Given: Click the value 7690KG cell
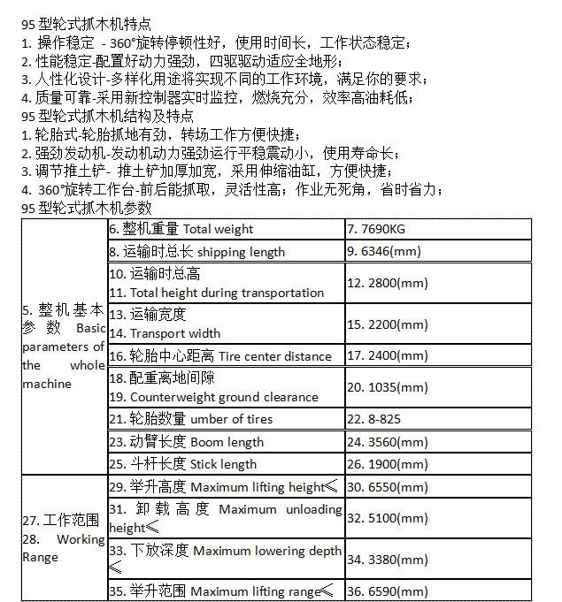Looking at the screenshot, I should click(383, 229).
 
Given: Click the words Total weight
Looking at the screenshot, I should click(218, 229).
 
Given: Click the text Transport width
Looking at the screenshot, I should click(175, 333).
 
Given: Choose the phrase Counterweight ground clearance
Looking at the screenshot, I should click(224, 397).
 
